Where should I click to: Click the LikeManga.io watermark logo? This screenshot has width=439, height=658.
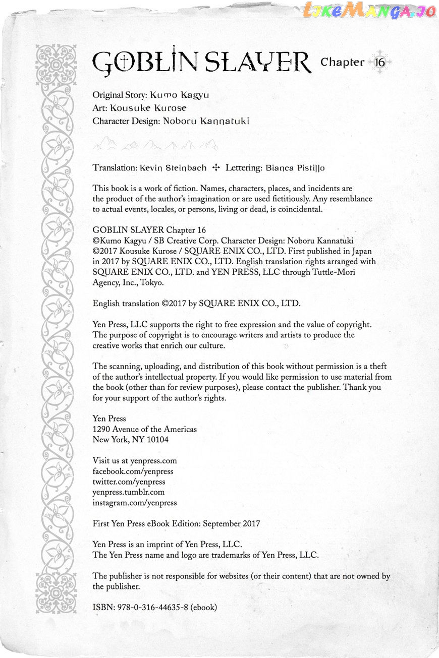pyautogui.click(x=369, y=11)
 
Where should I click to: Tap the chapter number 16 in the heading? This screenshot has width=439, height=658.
pyautogui.click(x=380, y=62)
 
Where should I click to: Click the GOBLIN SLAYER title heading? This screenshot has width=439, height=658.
pyautogui.click(x=202, y=63)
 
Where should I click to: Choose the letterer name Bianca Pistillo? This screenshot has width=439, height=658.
pyautogui.click(x=297, y=167)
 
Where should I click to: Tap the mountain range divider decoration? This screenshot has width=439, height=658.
pyautogui.click(x=155, y=145)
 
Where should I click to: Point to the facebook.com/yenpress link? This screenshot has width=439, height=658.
pyautogui.click(x=133, y=471)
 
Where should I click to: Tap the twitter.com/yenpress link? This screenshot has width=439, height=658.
pyautogui.click(x=129, y=482)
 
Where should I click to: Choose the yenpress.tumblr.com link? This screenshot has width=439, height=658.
pyautogui.click(x=128, y=492)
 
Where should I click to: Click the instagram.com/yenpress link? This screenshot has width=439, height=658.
pyautogui.click(x=134, y=503)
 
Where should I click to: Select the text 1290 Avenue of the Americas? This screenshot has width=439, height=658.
pyautogui.click(x=145, y=429)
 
